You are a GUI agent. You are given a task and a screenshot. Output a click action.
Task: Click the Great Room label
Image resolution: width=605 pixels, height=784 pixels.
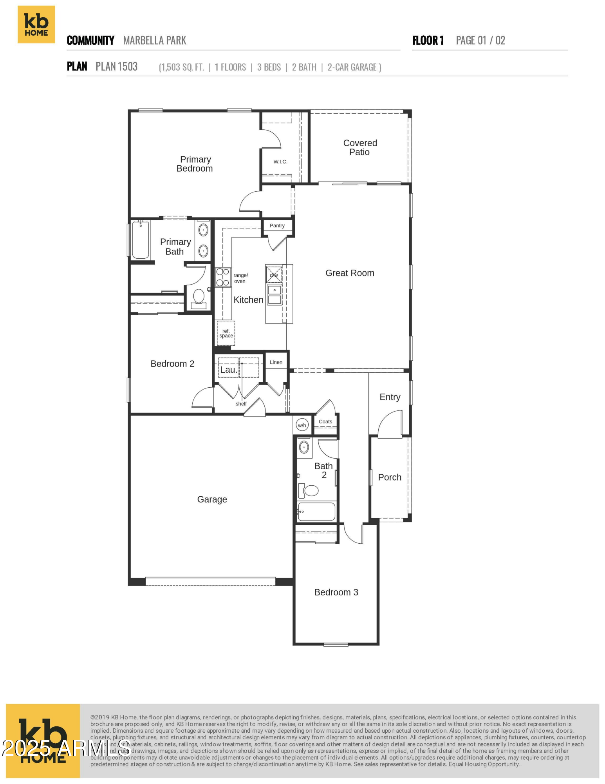[x=350, y=273]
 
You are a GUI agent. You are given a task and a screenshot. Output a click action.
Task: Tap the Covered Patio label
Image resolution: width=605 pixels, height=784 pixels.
[x=360, y=148]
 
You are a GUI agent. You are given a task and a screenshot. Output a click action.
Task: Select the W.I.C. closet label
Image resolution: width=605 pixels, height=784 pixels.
[x=280, y=162]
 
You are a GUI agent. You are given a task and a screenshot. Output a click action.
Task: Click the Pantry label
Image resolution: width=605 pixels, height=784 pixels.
[x=277, y=226]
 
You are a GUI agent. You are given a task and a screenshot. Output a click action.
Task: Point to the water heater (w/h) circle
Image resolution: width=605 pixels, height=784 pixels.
[x=302, y=425]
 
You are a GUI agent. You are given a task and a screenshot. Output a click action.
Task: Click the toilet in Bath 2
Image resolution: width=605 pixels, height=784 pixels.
[x=311, y=490]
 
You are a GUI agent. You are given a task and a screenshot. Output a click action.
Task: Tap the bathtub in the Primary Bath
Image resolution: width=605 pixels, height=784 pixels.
[x=140, y=240]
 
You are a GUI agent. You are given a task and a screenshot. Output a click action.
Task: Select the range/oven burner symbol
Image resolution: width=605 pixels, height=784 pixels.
[x=223, y=277]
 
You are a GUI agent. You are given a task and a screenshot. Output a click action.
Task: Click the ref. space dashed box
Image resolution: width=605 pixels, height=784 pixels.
[x=226, y=333]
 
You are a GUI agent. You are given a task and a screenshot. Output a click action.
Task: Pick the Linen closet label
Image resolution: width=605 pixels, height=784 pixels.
[x=276, y=362]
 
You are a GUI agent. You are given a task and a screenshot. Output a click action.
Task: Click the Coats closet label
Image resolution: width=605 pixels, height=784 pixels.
[x=325, y=422]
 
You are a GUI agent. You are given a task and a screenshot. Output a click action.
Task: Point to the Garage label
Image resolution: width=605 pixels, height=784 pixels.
[x=212, y=499]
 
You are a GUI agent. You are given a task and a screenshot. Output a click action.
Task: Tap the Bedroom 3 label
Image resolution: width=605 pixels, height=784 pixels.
[x=336, y=592]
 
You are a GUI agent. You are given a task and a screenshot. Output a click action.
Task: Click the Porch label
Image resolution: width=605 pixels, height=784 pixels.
[x=390, y=477]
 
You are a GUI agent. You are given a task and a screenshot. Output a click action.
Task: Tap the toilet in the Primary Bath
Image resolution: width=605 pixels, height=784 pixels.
[x=199, y=297]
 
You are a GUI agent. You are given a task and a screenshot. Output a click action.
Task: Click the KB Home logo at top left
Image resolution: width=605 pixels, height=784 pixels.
[x=36, y=24]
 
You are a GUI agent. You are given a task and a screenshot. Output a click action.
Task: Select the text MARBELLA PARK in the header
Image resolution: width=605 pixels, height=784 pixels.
[x=155, y=40]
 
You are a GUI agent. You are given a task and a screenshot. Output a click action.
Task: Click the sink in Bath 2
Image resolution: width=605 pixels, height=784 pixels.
[x=304, y=447]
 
